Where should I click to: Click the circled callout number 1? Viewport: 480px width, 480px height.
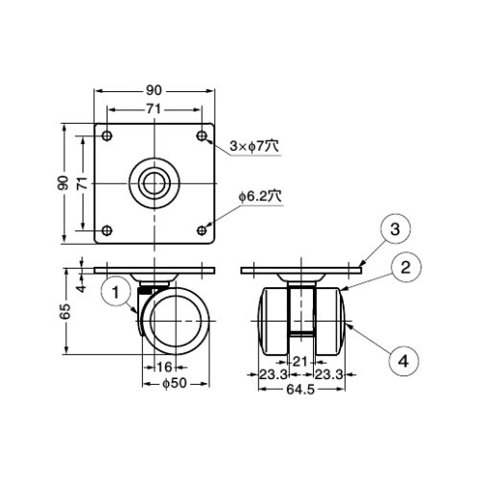pyautogui.click(x=116, y=292)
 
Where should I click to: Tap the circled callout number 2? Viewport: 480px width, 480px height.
pyautogui.click(x=405, y=268)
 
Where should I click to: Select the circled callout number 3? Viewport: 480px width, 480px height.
pyautogui.click(x=396, y=229)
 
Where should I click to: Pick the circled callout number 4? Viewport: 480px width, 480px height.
pyautogui.click(x=403, y=361)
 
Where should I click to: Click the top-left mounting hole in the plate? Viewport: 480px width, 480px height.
pyautogui.click(x=107, y=135)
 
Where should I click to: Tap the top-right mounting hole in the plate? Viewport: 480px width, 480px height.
pyautogui.click(x=202, y=135)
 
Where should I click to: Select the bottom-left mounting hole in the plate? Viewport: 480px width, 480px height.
pyautogui.click(x=107, y=230)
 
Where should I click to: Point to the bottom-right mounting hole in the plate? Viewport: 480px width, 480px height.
pyautogui.click(x=202, y=230)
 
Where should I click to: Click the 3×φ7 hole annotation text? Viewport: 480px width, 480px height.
pyautogui.click(x=254, y=147)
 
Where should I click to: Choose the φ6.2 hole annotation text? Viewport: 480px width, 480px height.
pyautogui.click(x=260, y=197)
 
